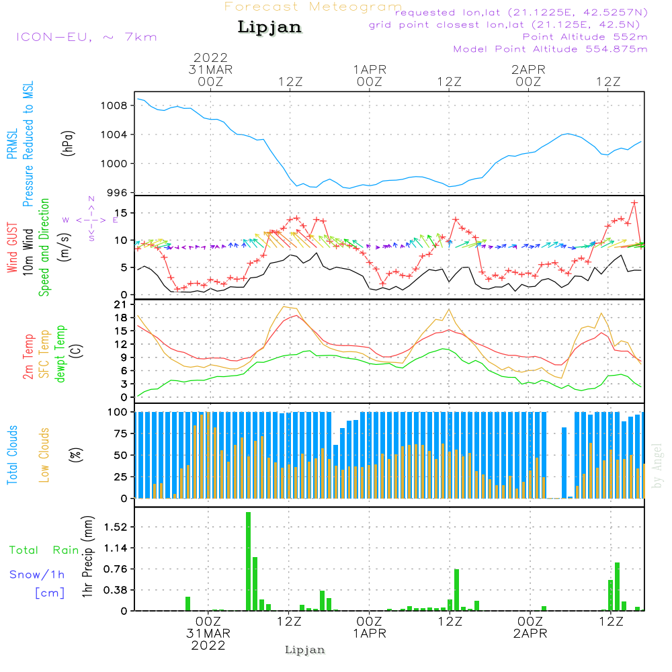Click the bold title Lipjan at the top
click(x=269, y=28)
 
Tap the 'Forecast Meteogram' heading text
click(x=313, y=7)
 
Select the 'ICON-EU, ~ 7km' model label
click(x=87, y=37)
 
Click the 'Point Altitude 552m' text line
click(x=585, y=37)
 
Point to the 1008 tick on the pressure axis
click(x=114, y=106)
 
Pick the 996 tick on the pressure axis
click(x=117, y=193)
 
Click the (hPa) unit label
click(x=68, y=143)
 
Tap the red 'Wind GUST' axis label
click(x=12, y=247)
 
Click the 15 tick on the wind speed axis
click(x=121, y=213)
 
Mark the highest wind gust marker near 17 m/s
click(x=634, y=202)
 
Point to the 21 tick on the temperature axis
click(x=121, y=304)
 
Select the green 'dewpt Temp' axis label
click(x=60, y=353)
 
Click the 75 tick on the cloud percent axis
click(x=118, y=433)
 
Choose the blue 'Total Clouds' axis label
click(x=12, y=455)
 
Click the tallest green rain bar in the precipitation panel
click(x=248, y=561)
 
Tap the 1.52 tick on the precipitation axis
click(x=116, y=527)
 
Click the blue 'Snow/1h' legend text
click(x=37, y=575)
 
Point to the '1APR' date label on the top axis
click(x=370, y=70)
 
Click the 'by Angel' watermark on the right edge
click(x=657, y=466)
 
